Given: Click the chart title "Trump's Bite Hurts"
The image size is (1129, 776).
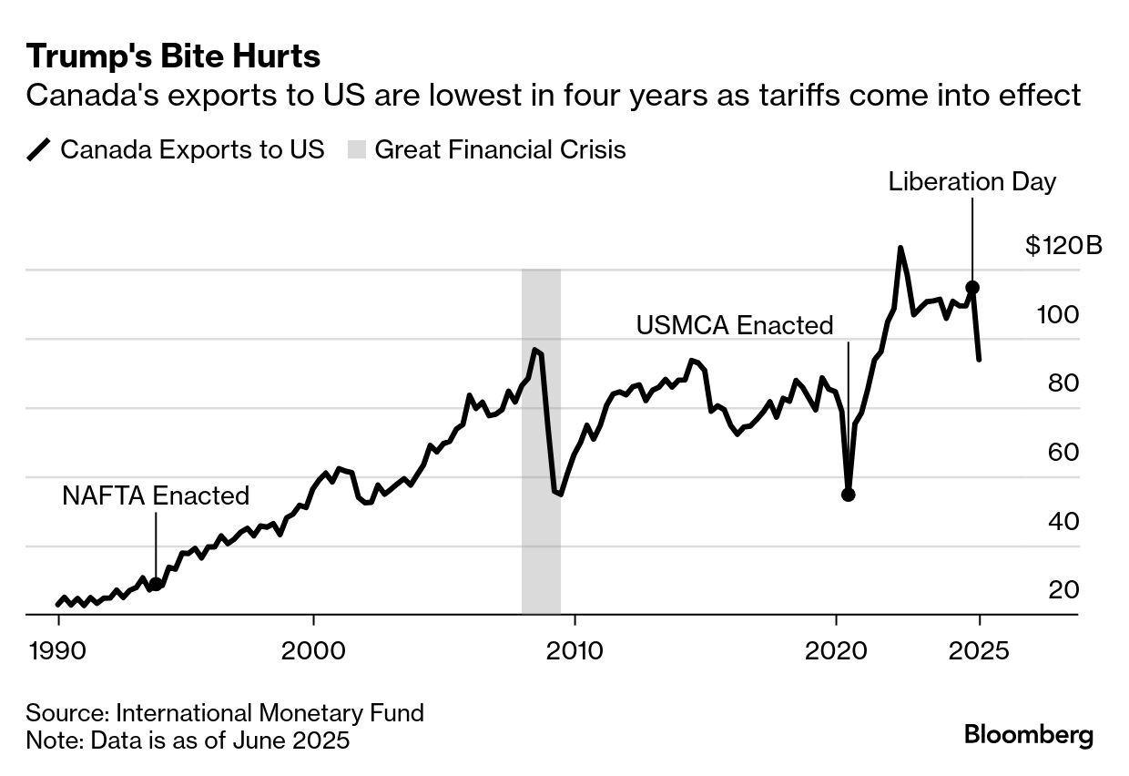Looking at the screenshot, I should pyautogui.click(x=173, y=56).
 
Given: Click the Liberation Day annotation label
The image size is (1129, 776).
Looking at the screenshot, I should pyautogui.click(x=971, y=181).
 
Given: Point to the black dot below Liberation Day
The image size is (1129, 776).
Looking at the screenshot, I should pyautogui.click(x=972, y=287).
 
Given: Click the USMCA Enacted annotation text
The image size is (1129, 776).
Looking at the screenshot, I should pyautogui.click(x=734, y=325).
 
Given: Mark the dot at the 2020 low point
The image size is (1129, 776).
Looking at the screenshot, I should pyautogui.click(x=849, y=495).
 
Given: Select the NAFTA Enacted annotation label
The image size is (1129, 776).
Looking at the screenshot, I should pyautogui.click(x=156, y=495).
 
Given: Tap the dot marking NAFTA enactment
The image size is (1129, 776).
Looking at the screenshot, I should pyautogui.click(x=156, y=584).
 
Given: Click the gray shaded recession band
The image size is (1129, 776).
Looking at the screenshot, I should pyautogui.click(x=541, y=442).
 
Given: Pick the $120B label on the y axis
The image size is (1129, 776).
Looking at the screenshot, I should pyautogui.click(x=1063, y=246).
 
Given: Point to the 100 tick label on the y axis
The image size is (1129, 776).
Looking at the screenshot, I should pyautogui.click(x=1058, y=315).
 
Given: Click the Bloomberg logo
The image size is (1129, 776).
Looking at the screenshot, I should pyautogui.click(x=1029, y=735).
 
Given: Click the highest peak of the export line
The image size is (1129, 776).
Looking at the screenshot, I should pyautogui.click(x=900, y=248).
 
